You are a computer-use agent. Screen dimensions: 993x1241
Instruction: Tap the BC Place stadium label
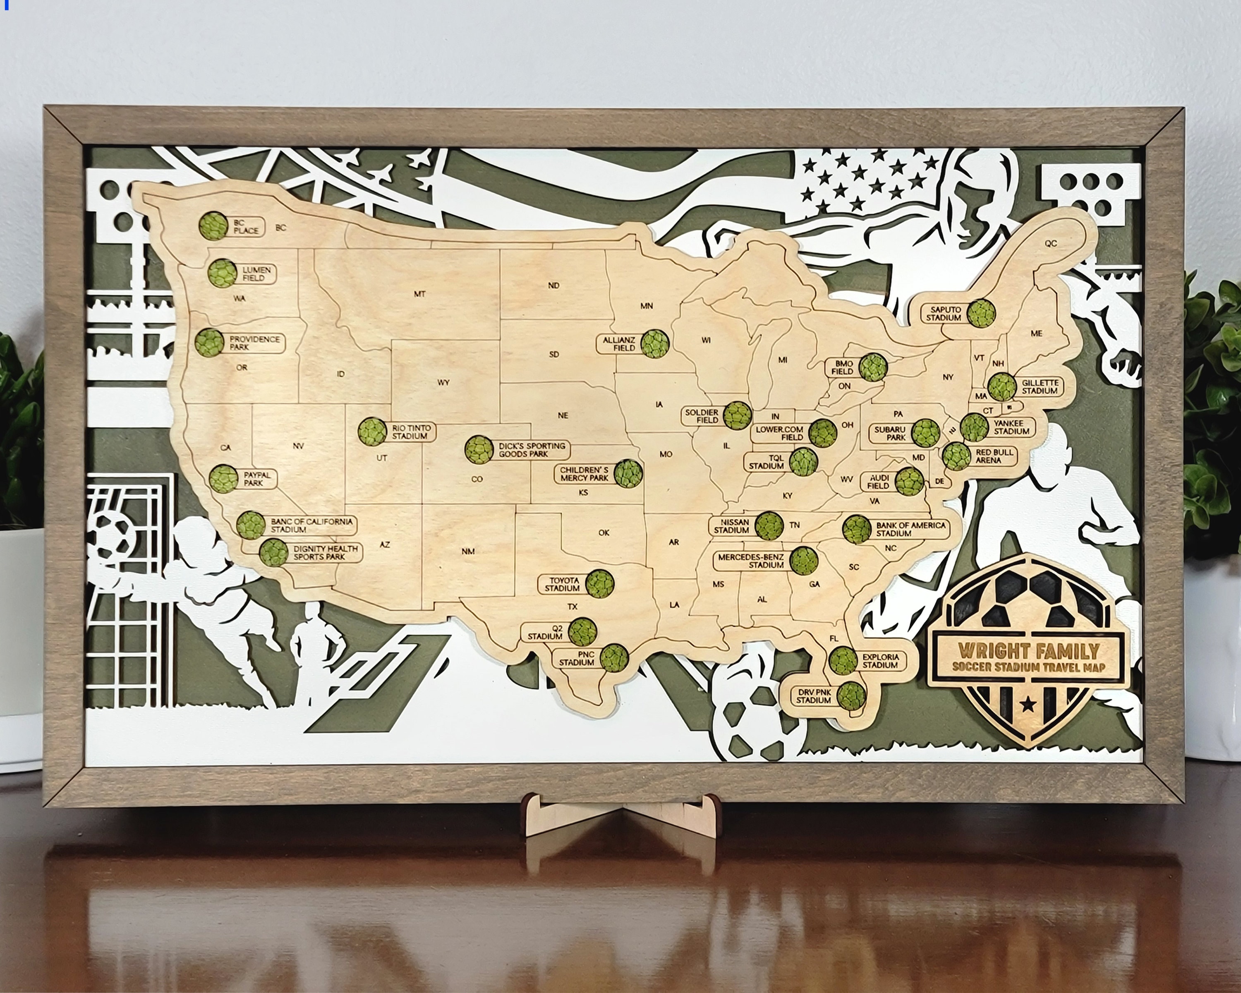(x=247, y=226)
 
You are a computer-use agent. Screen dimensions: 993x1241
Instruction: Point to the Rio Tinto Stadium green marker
(x=372, y=432)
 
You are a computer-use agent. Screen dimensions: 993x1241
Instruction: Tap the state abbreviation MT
(x=419, y=294)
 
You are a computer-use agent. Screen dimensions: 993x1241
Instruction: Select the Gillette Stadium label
(x=1040, y=387)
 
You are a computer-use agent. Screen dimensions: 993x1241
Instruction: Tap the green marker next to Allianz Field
(x=656, y=344)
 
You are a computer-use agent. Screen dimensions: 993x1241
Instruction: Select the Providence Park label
(x=254, y=343)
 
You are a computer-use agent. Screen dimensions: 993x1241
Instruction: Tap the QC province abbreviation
(x=1051, y=244)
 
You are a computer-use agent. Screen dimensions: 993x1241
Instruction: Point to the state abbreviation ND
(x=554, y=285)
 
